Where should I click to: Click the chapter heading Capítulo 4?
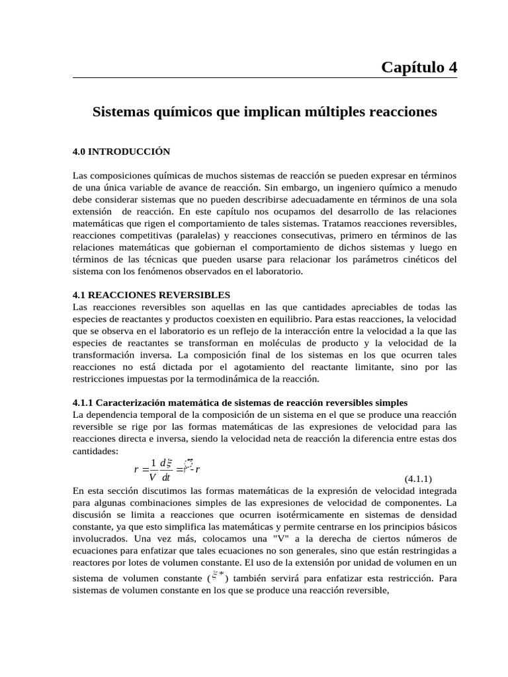coord(419,67)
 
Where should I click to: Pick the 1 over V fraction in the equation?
coord(153,469)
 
